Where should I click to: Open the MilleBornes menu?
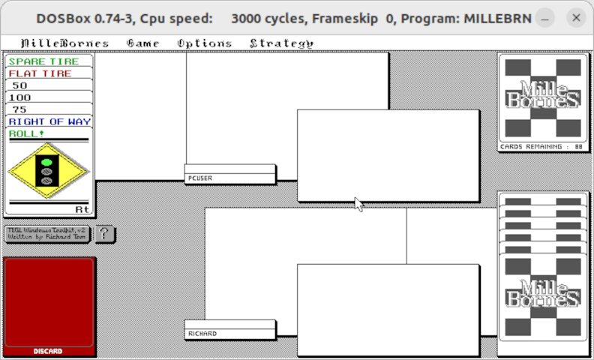(x=64, y=43)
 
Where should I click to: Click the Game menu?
(x=142, y=43)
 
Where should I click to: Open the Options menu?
(x=204, y=43)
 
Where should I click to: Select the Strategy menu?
(x=281, y=43)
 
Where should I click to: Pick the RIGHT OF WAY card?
(x=49, y=121)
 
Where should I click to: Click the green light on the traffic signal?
(x=46, y=161)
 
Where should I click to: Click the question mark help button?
(x=105, y=234)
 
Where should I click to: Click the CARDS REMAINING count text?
(x=541, y=147)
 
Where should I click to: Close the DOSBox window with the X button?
(x=576, y=17)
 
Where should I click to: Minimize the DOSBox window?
(x=546, y=17)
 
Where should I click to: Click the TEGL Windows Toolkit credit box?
(x=46, y=234)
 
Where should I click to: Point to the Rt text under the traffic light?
(x=82, y=209)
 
